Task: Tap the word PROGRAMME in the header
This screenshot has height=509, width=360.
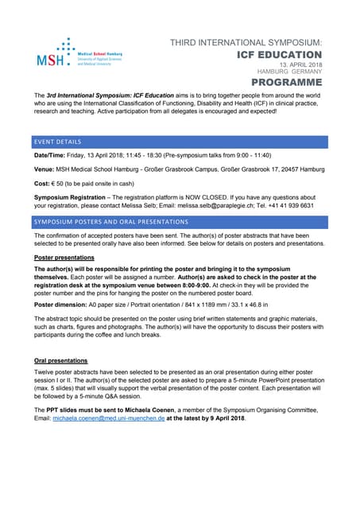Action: coord(287,82)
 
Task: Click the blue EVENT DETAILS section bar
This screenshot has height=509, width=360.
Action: coord(180,142)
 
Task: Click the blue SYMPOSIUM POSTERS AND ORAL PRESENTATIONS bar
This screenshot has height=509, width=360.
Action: coord(180,221)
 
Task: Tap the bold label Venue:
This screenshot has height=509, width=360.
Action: coord(45,169)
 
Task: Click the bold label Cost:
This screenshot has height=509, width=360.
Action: coord(43,183)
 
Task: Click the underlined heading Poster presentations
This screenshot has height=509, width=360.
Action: coord(64,258)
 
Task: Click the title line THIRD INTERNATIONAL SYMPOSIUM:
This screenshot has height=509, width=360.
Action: coord(246,41)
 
